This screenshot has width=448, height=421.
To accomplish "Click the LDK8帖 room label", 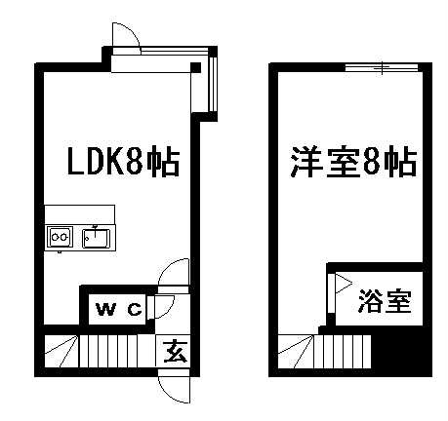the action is point(123,162).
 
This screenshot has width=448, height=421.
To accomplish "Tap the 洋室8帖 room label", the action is point(353,162).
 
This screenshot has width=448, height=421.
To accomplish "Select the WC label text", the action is point(119,309).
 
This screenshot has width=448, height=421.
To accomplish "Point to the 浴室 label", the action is point(385,301).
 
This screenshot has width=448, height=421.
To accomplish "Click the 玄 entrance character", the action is point(176,352).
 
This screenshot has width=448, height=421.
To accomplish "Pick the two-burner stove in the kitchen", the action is point(60,237).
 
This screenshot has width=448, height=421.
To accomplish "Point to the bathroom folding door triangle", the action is point(344,284).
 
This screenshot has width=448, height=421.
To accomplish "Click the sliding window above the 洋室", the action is point(382,67).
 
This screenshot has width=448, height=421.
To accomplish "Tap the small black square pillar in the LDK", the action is point(195,67).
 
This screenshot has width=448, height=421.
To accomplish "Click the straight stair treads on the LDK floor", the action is point(116,351).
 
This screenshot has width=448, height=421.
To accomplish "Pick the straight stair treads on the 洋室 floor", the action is point(342,352).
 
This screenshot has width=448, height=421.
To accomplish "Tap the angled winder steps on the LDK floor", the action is point(61,351).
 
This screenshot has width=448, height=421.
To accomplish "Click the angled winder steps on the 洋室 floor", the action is point(296,352).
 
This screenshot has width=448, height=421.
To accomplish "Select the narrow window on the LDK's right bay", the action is point(214,84).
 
